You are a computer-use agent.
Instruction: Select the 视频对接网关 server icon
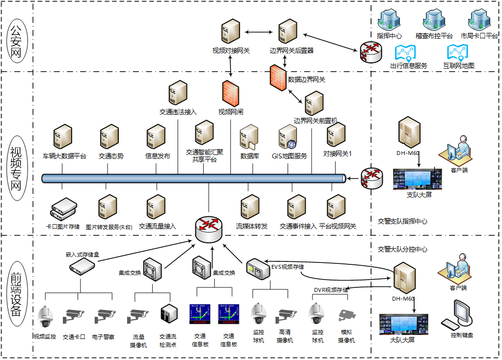coord(231,32)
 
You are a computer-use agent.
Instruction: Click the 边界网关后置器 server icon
coord(288,32)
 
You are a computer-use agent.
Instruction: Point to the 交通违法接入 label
coord(178,112)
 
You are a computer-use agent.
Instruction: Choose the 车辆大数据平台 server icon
coord(63,137)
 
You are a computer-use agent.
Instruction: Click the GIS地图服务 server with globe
coord(288,138)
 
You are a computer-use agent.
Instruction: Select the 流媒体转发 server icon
coord(250,207)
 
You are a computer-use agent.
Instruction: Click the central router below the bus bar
coord(209,228)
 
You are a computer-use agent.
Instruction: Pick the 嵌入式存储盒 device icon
coord(82,267)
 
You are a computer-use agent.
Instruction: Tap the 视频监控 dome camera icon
coord(45,317)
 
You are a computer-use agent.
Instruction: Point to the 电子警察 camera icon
coord(104,316)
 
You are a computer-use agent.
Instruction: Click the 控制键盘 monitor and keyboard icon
coord(459,315)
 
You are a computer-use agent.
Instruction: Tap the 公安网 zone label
coord(17,38)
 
